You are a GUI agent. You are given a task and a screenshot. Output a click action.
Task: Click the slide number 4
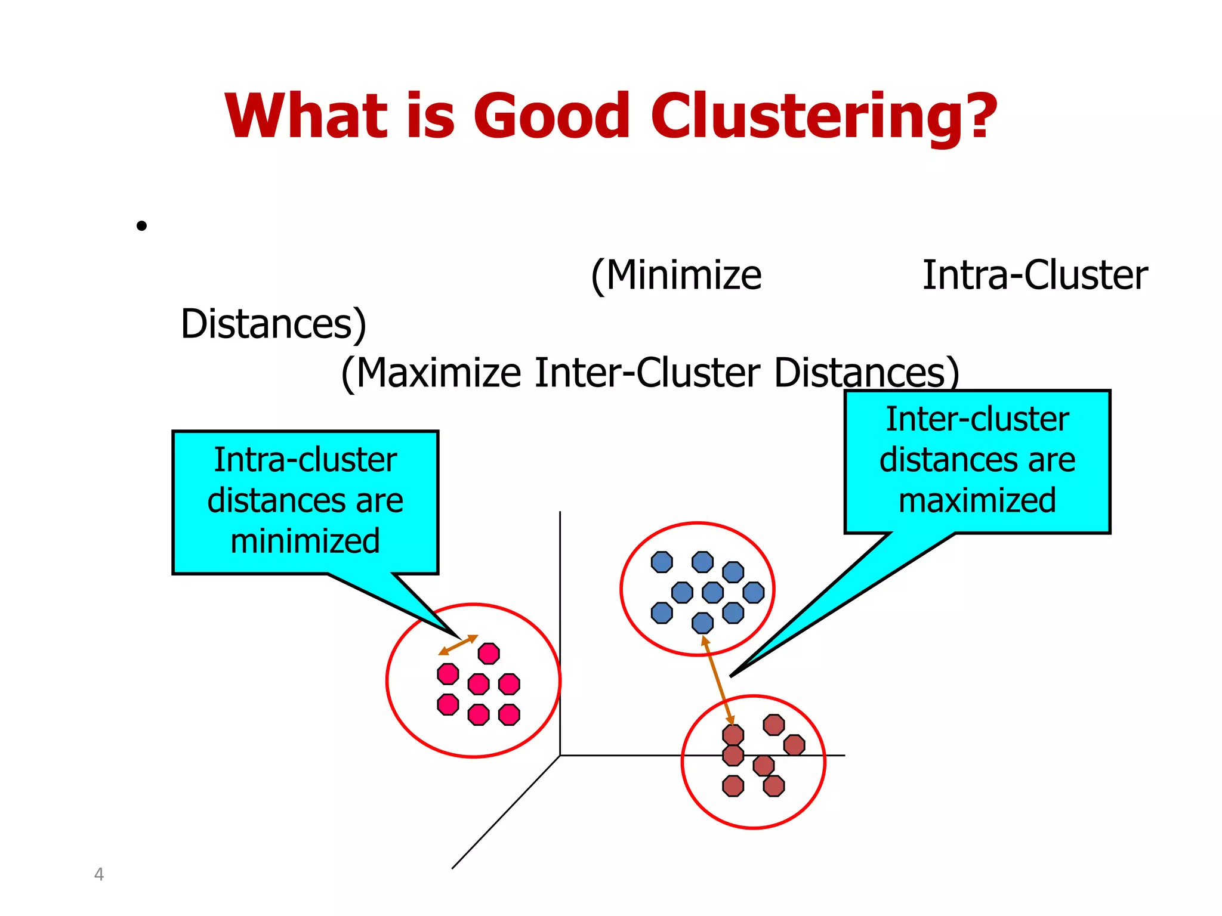coord(99,874)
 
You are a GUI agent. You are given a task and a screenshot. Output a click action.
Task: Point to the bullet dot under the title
coord(141,226)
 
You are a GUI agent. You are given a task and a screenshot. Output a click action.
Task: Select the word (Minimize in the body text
coord(676,276)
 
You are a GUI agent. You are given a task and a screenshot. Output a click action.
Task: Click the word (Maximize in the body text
coord(431,373)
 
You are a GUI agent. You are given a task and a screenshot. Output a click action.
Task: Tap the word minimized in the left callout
coord(305,541)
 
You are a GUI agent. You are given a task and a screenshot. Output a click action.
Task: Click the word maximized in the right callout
coord(977,500)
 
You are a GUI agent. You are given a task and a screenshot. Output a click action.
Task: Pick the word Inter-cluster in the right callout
coord(977,419)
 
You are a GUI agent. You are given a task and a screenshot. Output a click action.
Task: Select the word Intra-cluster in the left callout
coord(305,460)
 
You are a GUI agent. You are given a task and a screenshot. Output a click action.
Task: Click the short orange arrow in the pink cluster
coord(458,645)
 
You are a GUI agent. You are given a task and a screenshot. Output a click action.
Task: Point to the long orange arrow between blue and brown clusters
coord(718,680)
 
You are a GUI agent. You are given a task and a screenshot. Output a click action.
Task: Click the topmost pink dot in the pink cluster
coord(489,654)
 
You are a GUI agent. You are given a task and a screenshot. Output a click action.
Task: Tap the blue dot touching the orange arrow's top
coord(702,623)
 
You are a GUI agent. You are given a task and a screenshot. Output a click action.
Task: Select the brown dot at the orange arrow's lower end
coord(733,735)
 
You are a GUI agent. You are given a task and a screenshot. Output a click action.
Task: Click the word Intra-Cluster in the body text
coord(1035,276)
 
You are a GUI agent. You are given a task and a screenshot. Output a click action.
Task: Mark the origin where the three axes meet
coord(560,756)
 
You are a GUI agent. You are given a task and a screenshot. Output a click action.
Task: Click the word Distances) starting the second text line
coord(273,324)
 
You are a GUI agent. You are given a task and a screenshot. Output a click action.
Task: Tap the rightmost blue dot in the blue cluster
coord(754,592)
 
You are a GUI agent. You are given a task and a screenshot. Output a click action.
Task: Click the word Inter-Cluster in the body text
coord(647,373)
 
